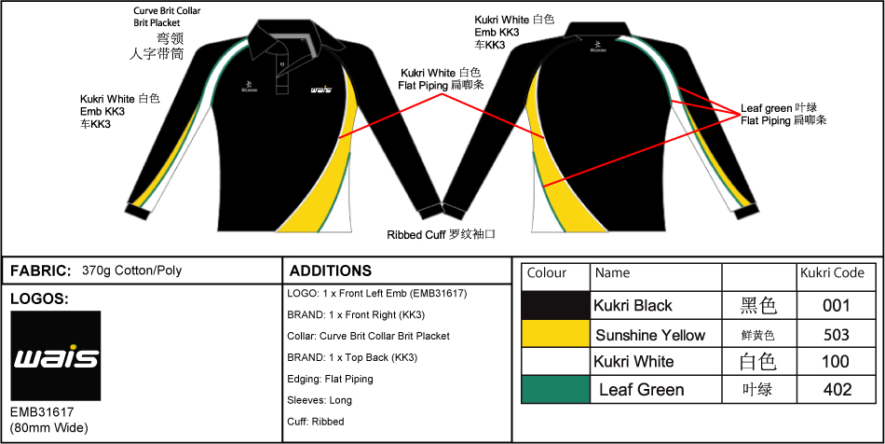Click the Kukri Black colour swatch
click(555, 305)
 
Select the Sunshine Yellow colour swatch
click(555, 334)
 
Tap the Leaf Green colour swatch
click(555, 389)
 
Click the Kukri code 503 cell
click(837, 334)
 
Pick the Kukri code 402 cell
click(837, 389)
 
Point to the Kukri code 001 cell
click(837, 305)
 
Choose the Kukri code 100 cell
click(837, 362)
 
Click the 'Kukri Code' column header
click(832, 273)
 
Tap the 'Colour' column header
click(547, 273)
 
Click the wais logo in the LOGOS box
click(55, 356)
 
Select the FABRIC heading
click(40, 271)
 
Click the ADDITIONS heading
click(331, 271)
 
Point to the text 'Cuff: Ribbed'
click(316, 422)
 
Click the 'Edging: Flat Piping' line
click(331, 379)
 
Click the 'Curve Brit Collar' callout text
click(167, 10)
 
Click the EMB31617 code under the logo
click(42, 411)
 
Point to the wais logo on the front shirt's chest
click(320, 90)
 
